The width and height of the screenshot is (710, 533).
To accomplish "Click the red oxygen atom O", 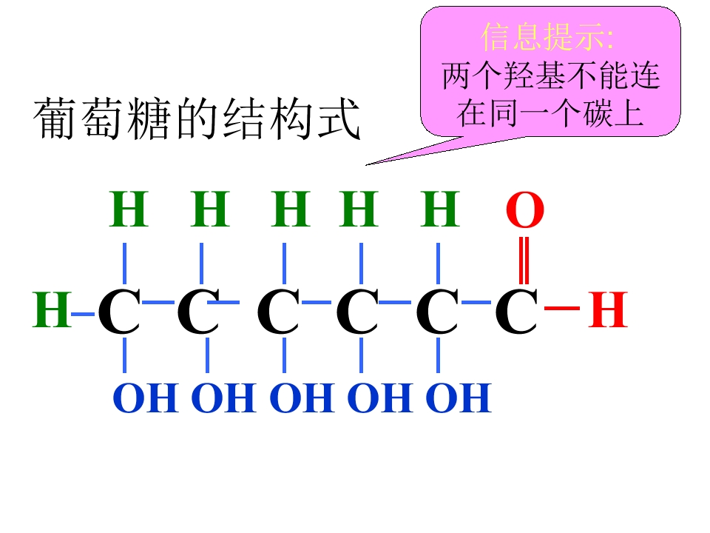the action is pyautogui.click(x=525, y=209).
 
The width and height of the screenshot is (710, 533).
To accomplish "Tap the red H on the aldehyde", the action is pyautogui.click(x=608, y=309).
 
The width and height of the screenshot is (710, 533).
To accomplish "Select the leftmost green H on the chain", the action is pyautogui.click(x=52, y=309).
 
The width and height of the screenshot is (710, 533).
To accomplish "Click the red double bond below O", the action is pyautogui.click(x=524, y=261).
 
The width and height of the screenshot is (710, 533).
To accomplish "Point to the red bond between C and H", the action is pyautogui.click(x=562, y=308).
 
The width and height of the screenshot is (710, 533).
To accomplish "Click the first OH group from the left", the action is pyautogui.click(x=146, y=398).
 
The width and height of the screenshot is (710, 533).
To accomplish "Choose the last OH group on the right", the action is pyautogui.click(x=459, y=398).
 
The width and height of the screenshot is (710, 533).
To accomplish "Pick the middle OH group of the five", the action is pyautogui.click(x=302, y=398).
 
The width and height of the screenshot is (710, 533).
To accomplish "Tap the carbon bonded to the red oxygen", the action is pyautogui.click(x=517, y=311).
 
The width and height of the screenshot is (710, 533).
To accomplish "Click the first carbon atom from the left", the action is pyautogui.click(x=119, y=311).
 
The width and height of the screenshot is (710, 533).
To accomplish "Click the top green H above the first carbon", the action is pyautogui.click(x=129, y=209).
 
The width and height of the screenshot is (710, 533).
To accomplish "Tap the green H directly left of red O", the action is pyautogui.click(x=440, y=209).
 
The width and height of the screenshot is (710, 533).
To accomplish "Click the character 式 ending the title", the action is pyautogui.click(x=339, y=118).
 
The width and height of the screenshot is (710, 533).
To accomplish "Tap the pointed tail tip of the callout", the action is pyautogui.click(x=366, y=165).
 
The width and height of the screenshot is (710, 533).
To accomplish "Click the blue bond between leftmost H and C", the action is pyautogui.click(x=84, y=314).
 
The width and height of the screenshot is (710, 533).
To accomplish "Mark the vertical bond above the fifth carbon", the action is pyautogui.click(x=438, y=264).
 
